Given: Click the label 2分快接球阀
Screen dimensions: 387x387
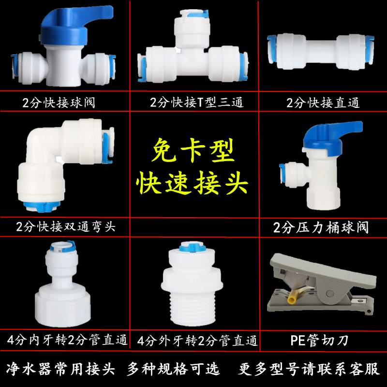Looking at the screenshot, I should click(59, 103).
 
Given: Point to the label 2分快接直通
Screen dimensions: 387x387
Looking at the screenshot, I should click(323, 103).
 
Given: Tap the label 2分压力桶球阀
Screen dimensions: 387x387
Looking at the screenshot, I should click(320, 226).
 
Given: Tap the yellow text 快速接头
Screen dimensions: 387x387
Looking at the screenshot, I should click(193, 183).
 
